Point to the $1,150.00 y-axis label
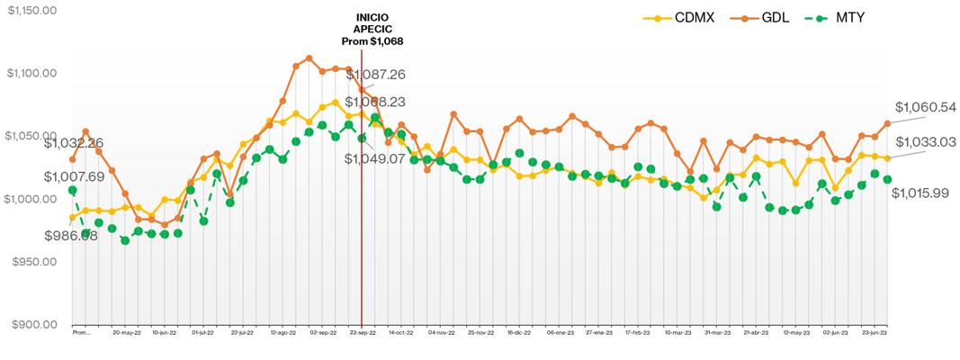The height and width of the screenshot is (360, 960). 31,10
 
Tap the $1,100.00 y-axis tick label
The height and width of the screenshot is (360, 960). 31,73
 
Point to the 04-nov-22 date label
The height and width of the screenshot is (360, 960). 441,332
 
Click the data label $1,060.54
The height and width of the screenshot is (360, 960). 925,107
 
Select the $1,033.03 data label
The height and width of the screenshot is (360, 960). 925,142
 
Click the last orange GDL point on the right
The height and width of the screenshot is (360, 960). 888,123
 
